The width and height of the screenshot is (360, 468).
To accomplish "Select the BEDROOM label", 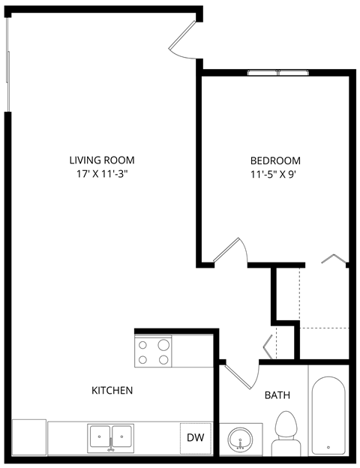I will (275, 160).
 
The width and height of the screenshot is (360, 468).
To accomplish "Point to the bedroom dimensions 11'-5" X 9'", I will (275, 175).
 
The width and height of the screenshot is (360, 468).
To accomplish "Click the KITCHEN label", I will (112, 390).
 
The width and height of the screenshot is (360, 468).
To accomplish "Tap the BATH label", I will (277, 395).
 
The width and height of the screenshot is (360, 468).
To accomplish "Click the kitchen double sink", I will (110, 436).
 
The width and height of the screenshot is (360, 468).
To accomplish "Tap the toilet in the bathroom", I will (285, 433).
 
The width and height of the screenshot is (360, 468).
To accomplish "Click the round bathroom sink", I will (240, 438).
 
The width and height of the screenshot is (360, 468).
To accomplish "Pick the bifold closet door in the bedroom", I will (334, 259).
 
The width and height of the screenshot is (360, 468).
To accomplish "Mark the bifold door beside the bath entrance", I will (269, 346).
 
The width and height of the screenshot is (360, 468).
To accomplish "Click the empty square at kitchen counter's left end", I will (29, 436).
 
